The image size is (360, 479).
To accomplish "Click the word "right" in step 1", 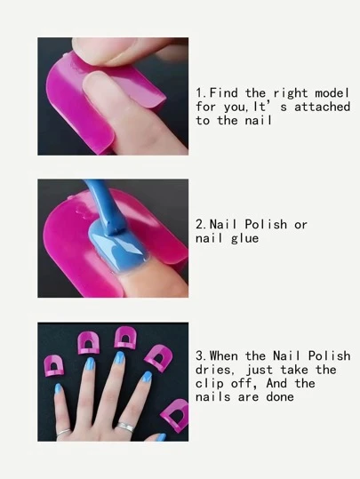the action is pos(291,93).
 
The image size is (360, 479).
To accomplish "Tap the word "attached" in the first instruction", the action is pos(322,107).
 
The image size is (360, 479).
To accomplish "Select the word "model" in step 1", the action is pos(332,92).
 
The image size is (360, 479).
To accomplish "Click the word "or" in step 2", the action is pos(300,225).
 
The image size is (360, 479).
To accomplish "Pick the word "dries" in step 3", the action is pos(212,370).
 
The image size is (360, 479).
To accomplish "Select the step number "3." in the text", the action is pos(202,356).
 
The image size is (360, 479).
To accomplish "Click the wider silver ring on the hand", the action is pos(125,427).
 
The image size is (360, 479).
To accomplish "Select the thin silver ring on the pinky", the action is pos(64,432).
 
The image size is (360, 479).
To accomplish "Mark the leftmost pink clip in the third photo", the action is pos(54,365).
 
